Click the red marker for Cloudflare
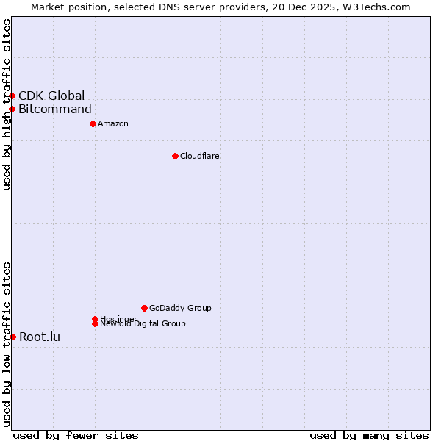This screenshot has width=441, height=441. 175,156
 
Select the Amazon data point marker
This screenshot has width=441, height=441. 93,123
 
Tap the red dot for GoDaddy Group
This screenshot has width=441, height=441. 144,308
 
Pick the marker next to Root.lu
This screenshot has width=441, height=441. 12,337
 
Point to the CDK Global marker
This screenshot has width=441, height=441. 12,96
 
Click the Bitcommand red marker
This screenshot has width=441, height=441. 12,110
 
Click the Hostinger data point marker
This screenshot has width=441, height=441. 95,319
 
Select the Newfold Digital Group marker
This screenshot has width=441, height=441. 95,324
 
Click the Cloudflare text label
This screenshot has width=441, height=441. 199,156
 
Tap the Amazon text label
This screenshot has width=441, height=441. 112,123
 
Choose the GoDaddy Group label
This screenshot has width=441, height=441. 180,308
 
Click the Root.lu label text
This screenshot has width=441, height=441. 40,337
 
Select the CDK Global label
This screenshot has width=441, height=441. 51,96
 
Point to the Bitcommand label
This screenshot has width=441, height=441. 55,110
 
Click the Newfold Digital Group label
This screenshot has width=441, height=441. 143,324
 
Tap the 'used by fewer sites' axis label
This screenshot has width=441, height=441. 76,436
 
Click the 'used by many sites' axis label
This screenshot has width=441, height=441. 369,436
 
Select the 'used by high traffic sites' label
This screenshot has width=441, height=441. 7,104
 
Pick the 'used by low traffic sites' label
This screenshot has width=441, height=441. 7,344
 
